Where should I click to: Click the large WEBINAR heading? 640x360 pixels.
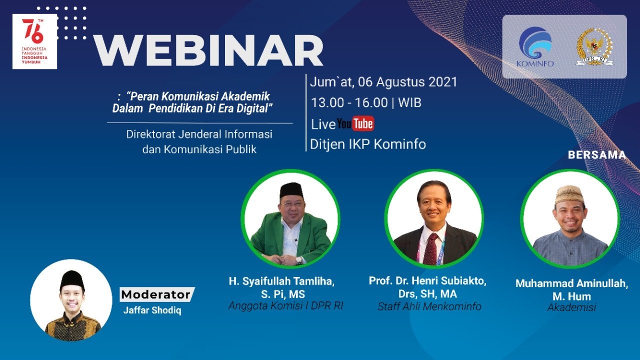[208, 50]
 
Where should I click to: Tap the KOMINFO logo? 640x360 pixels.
[535, 46]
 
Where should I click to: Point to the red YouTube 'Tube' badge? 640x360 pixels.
[363, 123]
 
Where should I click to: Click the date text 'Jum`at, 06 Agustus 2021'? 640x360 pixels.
[383, 82]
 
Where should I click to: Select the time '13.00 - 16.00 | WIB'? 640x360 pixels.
[366, 103]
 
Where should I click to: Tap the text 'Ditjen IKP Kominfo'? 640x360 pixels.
[368, 144]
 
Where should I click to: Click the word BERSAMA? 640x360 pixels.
[596, 155]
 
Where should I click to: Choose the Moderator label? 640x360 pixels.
[156, 294]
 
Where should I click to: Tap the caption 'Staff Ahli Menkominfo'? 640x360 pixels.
[429, 306]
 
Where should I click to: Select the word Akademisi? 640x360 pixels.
[571, 307]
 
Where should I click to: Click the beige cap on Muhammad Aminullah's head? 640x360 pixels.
[569, 193]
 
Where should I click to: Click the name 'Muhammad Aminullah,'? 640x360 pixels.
[571, 283]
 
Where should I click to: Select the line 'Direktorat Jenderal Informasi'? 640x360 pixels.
[199, 134]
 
